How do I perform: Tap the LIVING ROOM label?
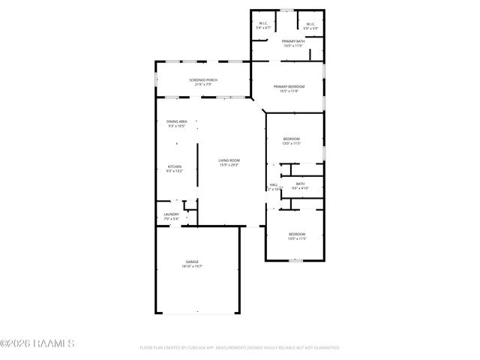click(229, 160)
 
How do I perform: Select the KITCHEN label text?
click(175, 166)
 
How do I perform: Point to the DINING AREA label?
click(177, 121)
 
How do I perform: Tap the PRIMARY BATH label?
click(292, 40)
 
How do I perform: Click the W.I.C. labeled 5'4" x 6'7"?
click(264, 23)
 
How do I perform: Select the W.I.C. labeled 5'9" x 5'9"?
click(310, 23)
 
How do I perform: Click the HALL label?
click(274, 184)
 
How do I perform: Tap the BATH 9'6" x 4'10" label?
click(300, 184)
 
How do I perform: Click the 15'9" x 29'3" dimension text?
click(229, 165)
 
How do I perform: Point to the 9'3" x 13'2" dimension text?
click(175, 172)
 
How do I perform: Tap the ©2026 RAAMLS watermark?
click(37, 343)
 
